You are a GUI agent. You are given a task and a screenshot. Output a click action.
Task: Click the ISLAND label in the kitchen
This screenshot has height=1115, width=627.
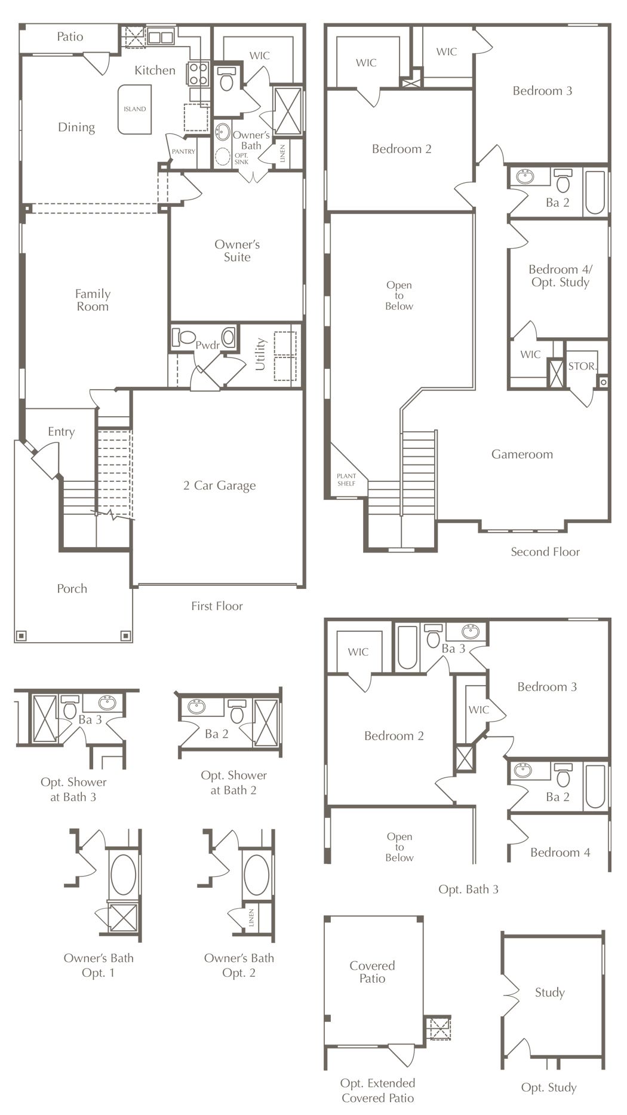point(135,109)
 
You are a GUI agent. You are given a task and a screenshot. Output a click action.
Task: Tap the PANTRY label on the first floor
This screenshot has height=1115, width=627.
point(183,151)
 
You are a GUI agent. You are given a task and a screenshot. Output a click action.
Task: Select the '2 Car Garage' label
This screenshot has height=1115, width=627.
point(220,485)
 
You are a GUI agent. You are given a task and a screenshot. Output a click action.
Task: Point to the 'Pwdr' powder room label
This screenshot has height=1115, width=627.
point(208,345)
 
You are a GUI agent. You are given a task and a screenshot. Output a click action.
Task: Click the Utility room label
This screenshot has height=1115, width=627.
point(260,354)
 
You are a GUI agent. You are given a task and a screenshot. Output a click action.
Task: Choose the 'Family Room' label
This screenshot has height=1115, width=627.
point(93,300)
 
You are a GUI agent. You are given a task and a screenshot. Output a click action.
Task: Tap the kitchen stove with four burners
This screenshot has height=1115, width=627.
point(199,74)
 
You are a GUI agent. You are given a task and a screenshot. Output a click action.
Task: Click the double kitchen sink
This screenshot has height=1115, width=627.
point(160,38)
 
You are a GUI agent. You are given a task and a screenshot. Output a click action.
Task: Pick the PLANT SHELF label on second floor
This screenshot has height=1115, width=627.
point(346,479)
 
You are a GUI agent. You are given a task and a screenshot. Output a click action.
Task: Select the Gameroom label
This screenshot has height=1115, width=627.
point(522,454)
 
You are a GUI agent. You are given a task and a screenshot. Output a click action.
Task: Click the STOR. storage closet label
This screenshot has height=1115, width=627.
point(582,366)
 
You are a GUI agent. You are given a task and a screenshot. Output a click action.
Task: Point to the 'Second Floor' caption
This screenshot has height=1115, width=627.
point(545,552)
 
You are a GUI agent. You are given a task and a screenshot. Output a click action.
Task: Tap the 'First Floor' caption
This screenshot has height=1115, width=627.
point(217,606)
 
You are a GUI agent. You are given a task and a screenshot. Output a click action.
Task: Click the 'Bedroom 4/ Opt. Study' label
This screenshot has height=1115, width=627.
point(560,276)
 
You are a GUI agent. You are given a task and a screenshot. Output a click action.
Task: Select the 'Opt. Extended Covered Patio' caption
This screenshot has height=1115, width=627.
point(377,1090)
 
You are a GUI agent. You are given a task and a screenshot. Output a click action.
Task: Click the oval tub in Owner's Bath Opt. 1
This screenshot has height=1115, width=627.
point(124,874)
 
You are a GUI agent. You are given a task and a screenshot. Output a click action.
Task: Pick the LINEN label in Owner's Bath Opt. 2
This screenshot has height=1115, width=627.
point(251,919)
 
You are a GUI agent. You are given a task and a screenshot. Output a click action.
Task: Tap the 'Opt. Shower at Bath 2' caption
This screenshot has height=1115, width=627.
point(233,783)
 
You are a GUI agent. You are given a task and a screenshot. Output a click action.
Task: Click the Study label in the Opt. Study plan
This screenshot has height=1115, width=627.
point(549,993)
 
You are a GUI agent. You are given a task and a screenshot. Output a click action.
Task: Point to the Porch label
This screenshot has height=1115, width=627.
point(72,588)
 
